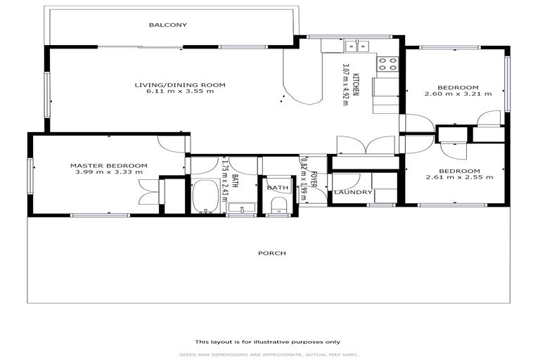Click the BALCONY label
point(167,25)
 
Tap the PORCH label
point(271,253)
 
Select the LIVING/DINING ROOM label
point(180,85)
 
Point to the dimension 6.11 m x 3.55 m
point(180,92)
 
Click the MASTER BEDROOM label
point(109,166)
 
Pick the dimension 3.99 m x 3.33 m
point(109,173)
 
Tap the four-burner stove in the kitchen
point(387,65)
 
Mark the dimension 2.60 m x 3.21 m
point(458,93)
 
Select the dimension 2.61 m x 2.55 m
point(459,178)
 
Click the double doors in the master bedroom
point(148,191)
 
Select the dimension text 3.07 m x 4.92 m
point(345,84)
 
